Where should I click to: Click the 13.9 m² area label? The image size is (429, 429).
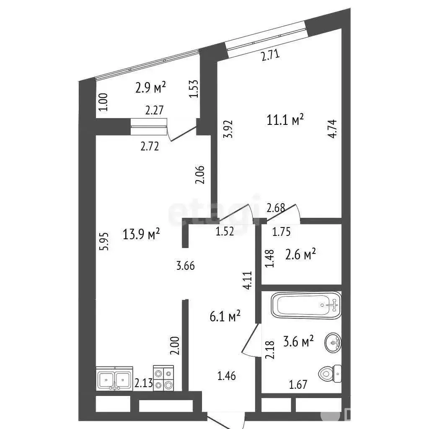pos(141,235)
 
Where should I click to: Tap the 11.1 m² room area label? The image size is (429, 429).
pos(285,120)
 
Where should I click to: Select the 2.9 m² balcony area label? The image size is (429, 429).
pos(150,88)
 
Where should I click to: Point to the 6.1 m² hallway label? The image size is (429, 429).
pos(225,317)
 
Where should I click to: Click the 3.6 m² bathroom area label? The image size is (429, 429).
pos(298,341)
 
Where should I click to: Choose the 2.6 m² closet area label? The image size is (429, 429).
pos(300,254)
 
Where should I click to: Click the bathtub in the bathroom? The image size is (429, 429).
pos(306,305)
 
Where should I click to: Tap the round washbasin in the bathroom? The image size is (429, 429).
pos(333,342)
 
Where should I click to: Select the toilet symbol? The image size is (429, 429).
pos(330,373)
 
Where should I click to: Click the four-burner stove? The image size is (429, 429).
pos(163,378)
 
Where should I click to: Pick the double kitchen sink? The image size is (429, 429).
pos(114,379)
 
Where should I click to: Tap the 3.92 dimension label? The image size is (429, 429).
pos(228,129)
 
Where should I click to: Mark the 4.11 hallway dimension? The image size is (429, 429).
pos(248,280)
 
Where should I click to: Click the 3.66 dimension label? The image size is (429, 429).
pos(185,266)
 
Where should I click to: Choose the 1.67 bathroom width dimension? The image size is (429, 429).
pos(298,385)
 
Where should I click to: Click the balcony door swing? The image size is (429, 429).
pos(182,134)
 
